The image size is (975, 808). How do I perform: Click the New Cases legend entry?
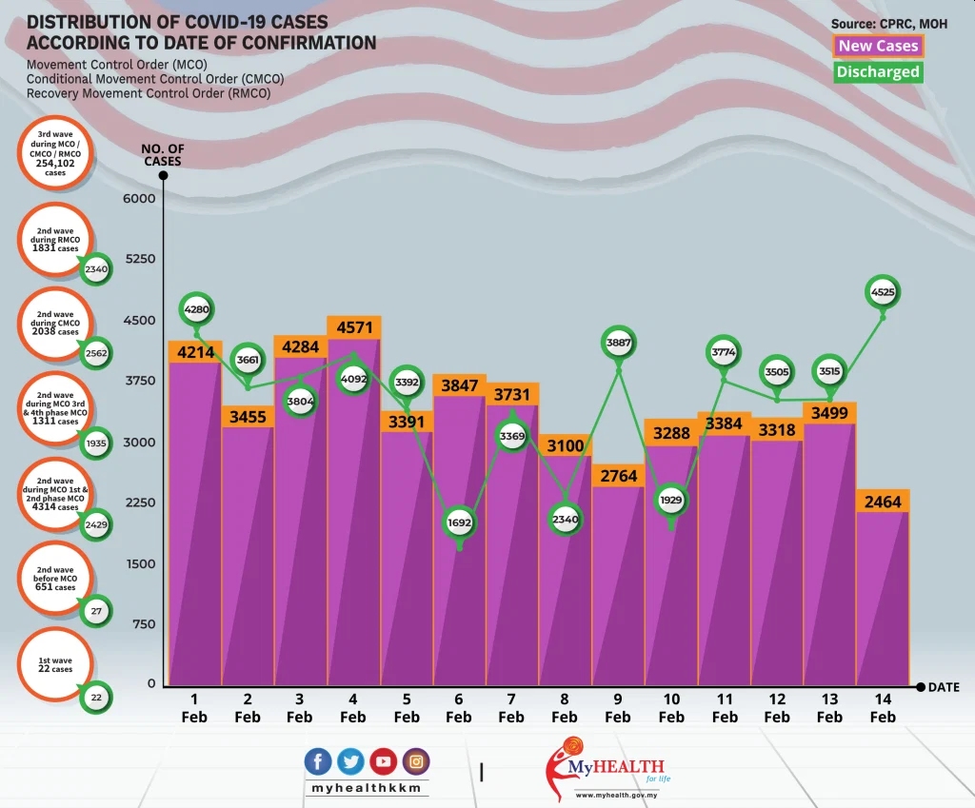(878, 46)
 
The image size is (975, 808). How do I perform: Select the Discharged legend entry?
(878, 71)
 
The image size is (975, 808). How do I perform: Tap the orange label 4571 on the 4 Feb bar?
(353, 327)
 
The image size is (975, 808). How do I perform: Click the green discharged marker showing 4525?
(883, 293)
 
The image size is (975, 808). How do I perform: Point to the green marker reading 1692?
(459, 522)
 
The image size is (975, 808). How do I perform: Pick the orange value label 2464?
(883, 502)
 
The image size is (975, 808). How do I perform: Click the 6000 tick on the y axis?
(139, 198)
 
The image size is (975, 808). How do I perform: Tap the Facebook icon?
(319, 761)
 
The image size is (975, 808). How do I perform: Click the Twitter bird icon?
(351, 761)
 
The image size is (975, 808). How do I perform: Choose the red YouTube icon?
(384, 761)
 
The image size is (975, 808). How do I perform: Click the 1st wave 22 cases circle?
(55, 664)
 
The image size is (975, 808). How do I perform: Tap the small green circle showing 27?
(95, 611)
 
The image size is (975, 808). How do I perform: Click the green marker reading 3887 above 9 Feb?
(618, 343)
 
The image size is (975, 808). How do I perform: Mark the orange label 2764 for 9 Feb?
(618, 476)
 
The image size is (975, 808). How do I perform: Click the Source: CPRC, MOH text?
(888, 23)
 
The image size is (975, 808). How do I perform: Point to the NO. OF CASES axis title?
(163, 155)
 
